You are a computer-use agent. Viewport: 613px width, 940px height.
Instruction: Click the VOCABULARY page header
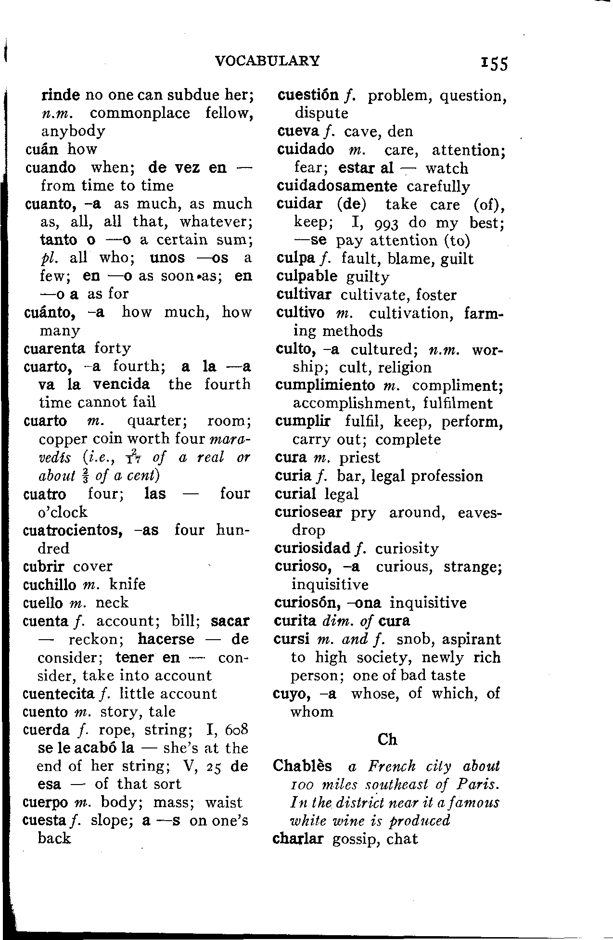click(x=267, y=61)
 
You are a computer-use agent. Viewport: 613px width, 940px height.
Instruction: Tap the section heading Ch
click(x=387, y=739)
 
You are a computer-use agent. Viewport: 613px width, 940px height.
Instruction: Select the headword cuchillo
click(x=50, y=584)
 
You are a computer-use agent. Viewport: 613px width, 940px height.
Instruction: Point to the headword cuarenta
click(x=54, y=348)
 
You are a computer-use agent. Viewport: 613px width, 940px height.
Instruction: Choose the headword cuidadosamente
click(x=337, y=186)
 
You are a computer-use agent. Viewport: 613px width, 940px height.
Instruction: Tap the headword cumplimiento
click(x=325, y=386)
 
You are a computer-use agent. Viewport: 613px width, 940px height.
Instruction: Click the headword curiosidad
click(x=313, y=548)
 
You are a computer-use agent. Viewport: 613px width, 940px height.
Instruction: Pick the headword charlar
click(x=298, y=839)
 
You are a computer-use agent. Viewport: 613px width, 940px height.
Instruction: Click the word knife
click(x=128, y=584)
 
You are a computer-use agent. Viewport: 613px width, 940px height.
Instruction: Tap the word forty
click(x=113, y=348)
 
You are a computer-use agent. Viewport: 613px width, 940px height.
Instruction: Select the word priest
click(x=359, y=458)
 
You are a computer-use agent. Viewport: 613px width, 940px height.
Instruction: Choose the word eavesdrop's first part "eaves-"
click(x=480, y=512)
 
